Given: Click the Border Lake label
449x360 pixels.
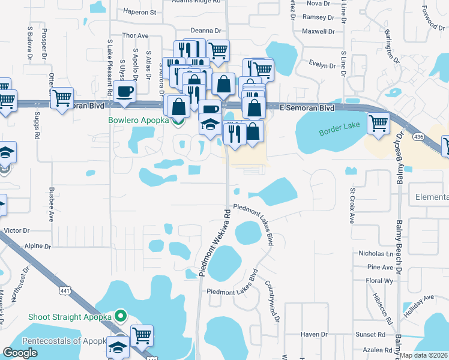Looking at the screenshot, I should coord(339,131).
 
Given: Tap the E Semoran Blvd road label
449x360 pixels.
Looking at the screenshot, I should coord(307,108).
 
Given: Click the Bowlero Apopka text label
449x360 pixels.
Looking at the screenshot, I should coord(137,120).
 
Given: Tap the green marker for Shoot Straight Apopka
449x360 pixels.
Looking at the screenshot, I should coord(120,315).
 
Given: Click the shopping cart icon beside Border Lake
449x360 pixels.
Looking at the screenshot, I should coord(378,123).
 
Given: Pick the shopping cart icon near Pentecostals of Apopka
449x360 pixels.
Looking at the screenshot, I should coord(142,336).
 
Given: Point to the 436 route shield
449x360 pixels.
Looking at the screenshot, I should coord(417,137).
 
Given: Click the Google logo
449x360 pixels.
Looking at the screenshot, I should coord(20,353).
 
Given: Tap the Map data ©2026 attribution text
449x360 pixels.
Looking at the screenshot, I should coord(423,355).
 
